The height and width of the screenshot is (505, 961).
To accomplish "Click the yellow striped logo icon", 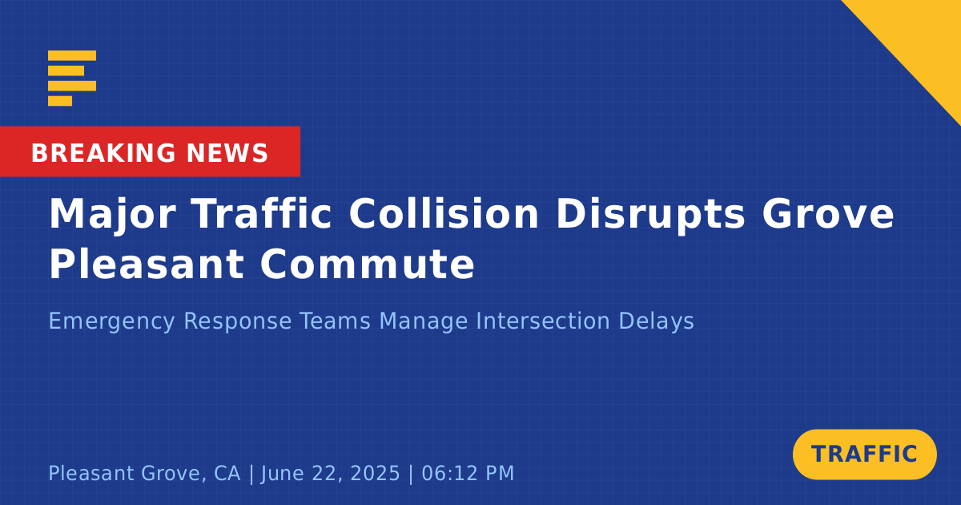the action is point(72,79).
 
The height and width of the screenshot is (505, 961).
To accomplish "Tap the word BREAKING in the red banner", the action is point(103,153).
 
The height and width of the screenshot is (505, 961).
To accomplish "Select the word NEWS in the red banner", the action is point(227,153).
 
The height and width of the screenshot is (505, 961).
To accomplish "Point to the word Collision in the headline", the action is point(444,213).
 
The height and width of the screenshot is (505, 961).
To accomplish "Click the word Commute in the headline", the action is point(368,264).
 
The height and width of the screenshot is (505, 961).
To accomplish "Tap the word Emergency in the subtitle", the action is point(111,321).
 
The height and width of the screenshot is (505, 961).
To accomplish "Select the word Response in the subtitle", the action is point(238,321).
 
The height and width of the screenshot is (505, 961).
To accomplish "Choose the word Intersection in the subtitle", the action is point(543,321).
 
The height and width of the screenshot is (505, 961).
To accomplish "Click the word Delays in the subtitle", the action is point(657,321).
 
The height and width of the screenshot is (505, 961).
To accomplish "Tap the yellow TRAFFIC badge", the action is point(864,454).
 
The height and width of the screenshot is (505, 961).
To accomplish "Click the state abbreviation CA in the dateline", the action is point(227,473).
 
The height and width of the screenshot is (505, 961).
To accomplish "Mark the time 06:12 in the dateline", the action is point(448,473).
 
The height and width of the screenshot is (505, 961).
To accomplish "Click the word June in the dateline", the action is point(282,473).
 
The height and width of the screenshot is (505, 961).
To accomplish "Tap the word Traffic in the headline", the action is point(262,213).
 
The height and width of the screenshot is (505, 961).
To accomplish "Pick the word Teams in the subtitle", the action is point(335,321).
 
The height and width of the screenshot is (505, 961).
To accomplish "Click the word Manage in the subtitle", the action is point(424,321).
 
